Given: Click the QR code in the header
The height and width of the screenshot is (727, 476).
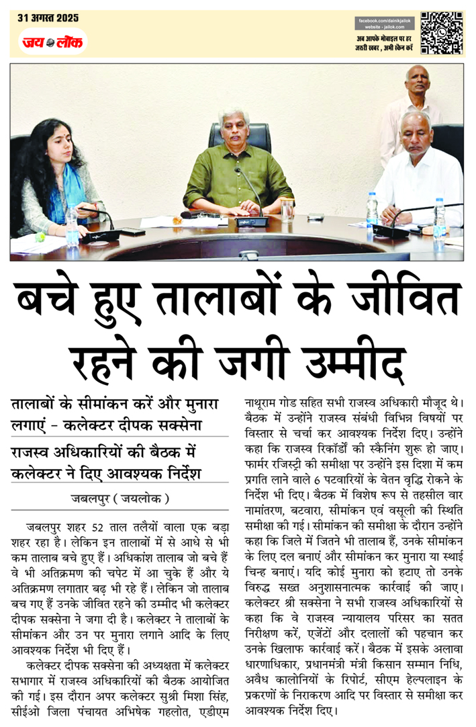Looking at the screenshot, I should tap(441, 32).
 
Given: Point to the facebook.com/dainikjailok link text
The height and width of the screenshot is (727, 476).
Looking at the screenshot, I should tap(385, 23).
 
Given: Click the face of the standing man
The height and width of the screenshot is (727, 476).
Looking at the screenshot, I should tap(418, 81).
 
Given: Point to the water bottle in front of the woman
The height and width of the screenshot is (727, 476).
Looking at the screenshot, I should tap(72, 226).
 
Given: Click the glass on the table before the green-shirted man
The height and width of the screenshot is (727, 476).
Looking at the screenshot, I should tap(287, 210).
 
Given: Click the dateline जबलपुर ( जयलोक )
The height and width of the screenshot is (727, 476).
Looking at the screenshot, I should tap(121, 498).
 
